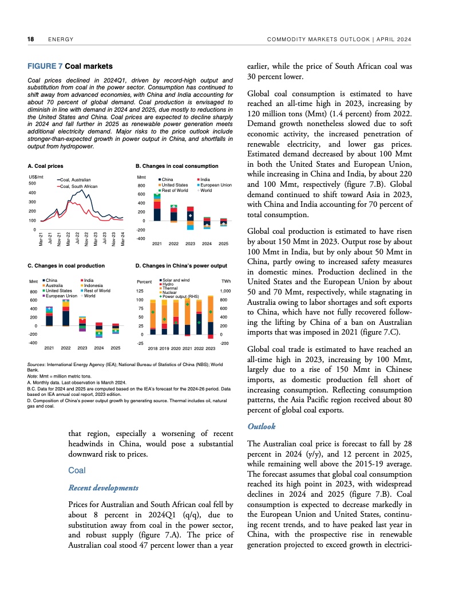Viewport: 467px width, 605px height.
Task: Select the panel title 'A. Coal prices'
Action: pos(45,166)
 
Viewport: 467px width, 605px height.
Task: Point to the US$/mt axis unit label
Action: pos(36,176)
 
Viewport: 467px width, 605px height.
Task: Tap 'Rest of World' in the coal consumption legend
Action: pos(175,190)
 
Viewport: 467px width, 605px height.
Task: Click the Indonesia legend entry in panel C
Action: pos(94,285)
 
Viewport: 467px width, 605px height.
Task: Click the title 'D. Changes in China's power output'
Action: pos(181,266)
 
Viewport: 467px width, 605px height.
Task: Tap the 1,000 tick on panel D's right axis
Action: pos(225,292)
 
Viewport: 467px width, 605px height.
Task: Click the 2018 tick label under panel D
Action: pos(153,348)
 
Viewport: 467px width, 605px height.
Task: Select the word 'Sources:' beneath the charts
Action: pos(37,364)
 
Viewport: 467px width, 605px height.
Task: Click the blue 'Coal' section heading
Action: pos(77,470)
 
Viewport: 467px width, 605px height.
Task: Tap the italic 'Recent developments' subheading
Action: pos(103,488)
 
